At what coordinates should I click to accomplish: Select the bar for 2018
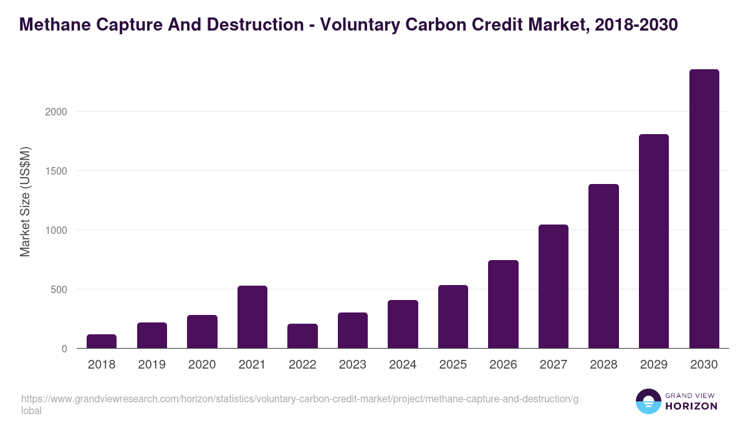click(102, 341)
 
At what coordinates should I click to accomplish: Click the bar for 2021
click(252, 317)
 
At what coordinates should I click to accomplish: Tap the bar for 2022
click(302, 336)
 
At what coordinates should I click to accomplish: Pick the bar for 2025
click(453, 316)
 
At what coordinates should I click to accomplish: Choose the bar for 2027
click(554, 286)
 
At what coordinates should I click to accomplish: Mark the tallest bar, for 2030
click(704, 209)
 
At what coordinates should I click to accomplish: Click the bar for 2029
click(654, 241)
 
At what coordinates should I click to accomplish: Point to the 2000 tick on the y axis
click(55, 112)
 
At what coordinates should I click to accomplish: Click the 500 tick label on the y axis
click(59, 289)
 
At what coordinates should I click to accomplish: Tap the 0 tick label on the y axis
click(64, 349)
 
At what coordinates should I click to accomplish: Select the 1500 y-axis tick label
click(55, 171)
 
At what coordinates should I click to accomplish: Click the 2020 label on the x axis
click(202, 365)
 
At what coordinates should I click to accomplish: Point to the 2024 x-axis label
click(403, 365)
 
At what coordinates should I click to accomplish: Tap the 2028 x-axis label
click(603, 365)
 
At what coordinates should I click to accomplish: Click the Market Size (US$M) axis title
click(26, 201)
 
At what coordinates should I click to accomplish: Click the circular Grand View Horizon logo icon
click(648, 401)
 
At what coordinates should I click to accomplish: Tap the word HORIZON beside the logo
click(692, 406)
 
